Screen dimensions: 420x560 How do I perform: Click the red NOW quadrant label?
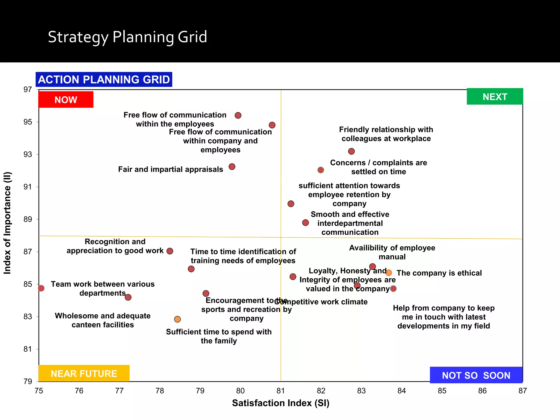(x=66, y=100)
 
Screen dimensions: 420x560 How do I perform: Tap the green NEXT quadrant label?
(x=495, y=97)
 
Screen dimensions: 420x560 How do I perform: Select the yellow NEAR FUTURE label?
(x=84, y=373)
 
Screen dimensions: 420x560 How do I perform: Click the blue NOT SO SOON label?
(x=476, y=375)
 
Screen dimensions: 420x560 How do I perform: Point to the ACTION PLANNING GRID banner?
(x=104, y=80)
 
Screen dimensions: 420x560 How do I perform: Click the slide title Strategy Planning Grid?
(x=127, y=37)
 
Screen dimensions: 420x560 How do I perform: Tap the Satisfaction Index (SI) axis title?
(x=281, y=403)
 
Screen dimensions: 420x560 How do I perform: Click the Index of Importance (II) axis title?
(x=7, y=223)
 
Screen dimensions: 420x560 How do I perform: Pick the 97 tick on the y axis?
(x=28, y=89)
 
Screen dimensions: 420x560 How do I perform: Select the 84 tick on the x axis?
(x=401, y=391)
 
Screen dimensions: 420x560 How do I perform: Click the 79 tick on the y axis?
(x=28, y=381)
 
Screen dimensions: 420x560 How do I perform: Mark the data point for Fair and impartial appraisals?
(x=232, y=167)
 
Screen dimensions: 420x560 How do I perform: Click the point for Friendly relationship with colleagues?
(x=351, y=151)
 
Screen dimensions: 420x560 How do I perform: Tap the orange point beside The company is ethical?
(x=389, y=273)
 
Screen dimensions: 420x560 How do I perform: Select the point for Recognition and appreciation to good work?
(x=170, y=251)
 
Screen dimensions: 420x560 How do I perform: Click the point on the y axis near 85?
(x=41, y=288)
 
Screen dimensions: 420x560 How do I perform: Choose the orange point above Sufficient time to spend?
(x=177, y=319)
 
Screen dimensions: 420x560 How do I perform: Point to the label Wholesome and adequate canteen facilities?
(x=103, y=320)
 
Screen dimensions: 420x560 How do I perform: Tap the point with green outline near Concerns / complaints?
(x=321, y=170)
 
